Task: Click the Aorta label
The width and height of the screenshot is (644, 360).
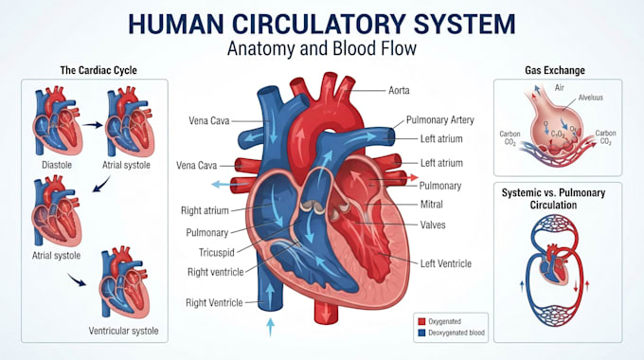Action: [399, 90]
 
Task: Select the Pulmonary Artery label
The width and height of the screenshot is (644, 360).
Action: [439, 119]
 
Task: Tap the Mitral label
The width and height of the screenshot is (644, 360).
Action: [431, 204]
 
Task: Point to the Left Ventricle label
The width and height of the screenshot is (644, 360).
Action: [446, 263]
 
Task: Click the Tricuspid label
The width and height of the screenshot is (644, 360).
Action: [217, 252]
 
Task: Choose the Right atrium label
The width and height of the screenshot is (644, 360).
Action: [205, 210]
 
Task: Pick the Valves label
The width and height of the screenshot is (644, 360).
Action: [433, 225]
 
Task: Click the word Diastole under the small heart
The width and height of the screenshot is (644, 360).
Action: [57, 165]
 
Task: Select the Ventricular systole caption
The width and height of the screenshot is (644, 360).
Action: [123, 331]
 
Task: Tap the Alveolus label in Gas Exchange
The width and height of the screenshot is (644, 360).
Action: [591, 98]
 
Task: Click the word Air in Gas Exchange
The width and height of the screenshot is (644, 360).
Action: [560, 87]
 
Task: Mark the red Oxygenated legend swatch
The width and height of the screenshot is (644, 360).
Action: [421, 321]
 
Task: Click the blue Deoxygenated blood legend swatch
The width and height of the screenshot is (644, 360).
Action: [421, 333]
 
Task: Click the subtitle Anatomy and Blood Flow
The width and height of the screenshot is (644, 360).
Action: [322, 48]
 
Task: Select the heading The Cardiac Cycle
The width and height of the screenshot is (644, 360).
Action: [98, 70]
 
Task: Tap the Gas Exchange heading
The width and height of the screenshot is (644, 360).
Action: [555, 70]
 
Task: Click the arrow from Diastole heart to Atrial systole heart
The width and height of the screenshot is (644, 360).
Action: [92, 125]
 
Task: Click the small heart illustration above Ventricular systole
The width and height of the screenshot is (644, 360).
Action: [124, 282]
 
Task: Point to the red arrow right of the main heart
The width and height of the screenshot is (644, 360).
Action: [412, 177]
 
